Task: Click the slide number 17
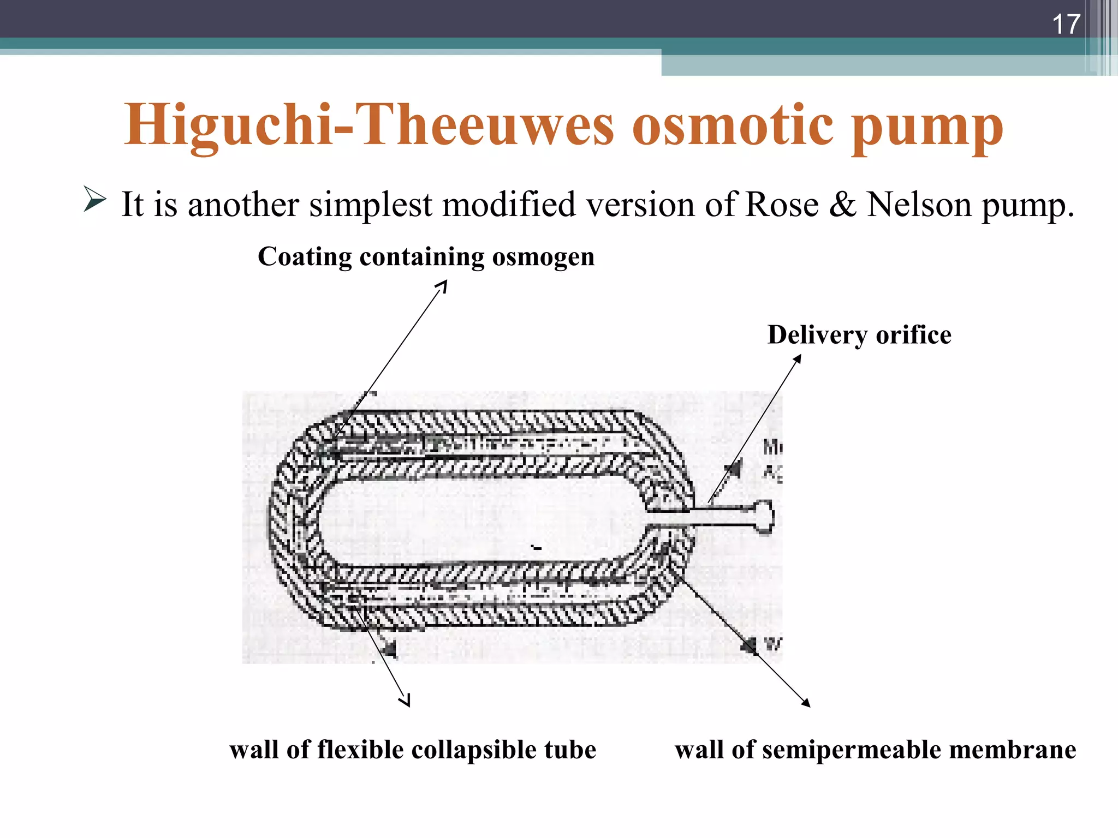click(1066, 24)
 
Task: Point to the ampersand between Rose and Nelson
click(842, 205)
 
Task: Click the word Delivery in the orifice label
click(818, 335)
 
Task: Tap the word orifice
click(913, 334)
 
